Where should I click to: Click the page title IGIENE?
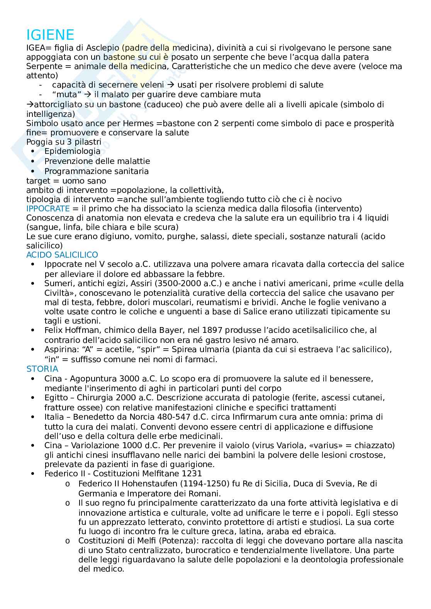tap(50, 35)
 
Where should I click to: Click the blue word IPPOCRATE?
tap(48, 209)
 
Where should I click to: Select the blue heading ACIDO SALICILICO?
tap(62, 255)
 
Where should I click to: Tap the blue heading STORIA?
tap(42, 369)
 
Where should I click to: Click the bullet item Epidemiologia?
tap(72, 152)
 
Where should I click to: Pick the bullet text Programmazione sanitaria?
tap(96, 171)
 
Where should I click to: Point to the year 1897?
tap(235, 331)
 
